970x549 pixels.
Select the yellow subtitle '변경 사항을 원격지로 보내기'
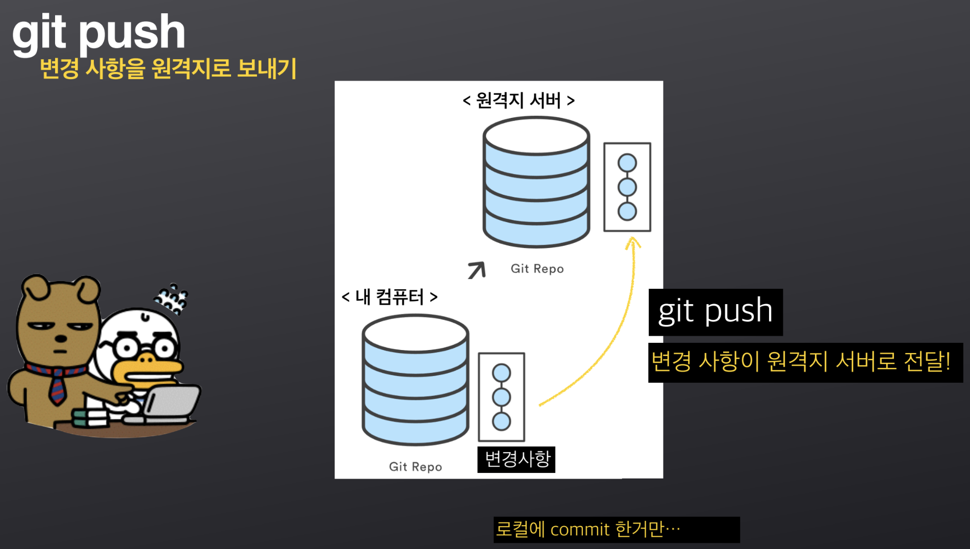(168, 68)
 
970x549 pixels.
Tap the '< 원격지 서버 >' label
(518, 100)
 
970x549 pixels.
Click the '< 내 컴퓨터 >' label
(389, 296)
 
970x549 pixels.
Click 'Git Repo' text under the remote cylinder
(537, 269)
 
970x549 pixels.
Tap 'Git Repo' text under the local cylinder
(415, 467)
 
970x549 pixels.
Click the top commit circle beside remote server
(627, 163)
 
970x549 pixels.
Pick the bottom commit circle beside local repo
(501, 421)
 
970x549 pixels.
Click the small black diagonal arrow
(477, 270)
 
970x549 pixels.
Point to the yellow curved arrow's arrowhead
(633, 242)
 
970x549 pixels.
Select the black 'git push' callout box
(715, 312)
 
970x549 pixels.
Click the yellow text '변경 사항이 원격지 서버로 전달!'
(801, 362)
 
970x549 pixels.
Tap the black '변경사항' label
(516, 459)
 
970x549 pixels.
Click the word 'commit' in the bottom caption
(580, 530)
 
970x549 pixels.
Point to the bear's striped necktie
(58, 385)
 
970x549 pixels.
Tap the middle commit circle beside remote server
(627, 187)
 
